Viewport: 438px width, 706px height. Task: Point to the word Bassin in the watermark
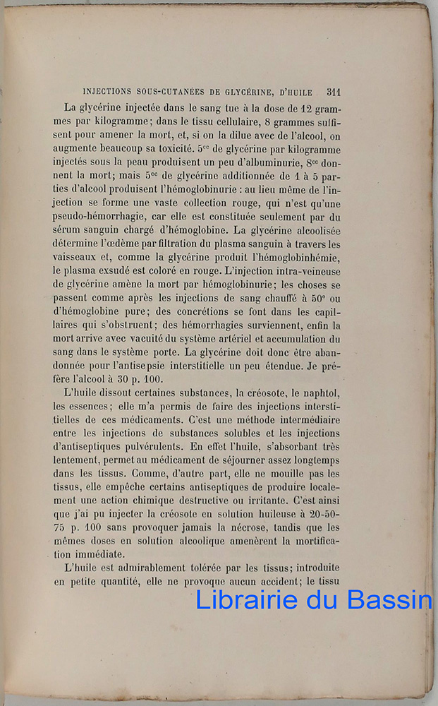[391, 599]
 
